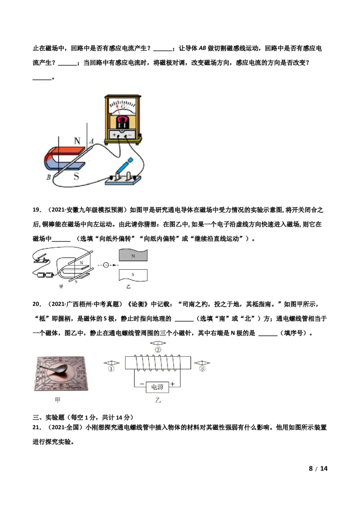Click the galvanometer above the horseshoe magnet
click(x=123, y=120)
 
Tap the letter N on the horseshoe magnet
click(x=77, y=141)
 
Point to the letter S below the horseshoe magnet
click(x=76, y=176)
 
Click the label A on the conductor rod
click(x=92, y=141)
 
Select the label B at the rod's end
click(x=49, y=177)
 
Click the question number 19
click(x=37, y=210)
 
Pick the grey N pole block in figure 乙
click(x=133, y=255)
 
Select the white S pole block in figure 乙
click(x=133, y=275)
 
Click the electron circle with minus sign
click(x=106, y=265)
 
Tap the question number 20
click(x=37, y=304)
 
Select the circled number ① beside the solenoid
click(x=111, y=369)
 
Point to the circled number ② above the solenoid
click(x=158, y=350)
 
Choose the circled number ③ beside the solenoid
click(x=202, y=369)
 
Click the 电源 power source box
click(x=157, y=387)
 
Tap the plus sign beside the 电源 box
click(x=172, y=384)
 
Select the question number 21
click(x=37, y=427)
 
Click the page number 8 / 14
click(x=318, y=469)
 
